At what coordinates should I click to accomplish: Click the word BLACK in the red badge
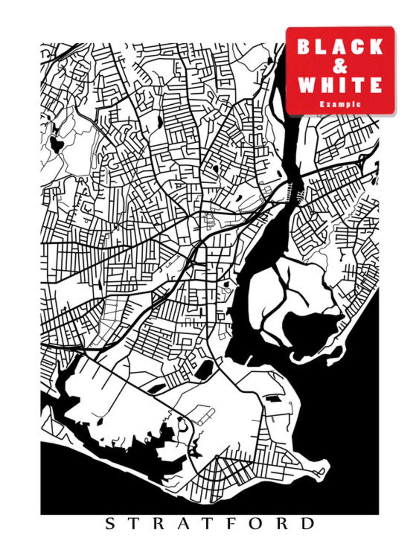pos(340,47)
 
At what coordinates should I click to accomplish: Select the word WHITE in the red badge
pos(340,85)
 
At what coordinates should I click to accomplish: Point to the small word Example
pos(340,104)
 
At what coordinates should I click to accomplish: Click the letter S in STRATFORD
pos(110,523)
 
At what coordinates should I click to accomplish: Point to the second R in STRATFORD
pos(281,523)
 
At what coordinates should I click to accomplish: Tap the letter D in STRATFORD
pos(307,523)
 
